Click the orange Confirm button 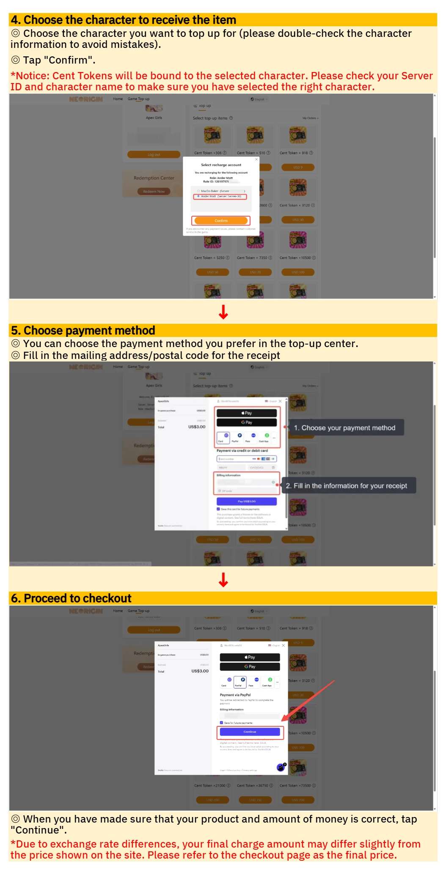(221, 221)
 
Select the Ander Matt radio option (198, 196)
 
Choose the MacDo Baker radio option (198, 191)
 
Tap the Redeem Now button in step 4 (154, 192)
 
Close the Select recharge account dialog (256, 159)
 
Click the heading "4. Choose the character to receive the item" (124, 20)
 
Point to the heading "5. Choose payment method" (83, 331)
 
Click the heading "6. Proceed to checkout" (72, 598)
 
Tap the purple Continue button (250, 732)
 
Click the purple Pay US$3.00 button (247, 501)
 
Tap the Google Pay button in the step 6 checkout (250, 667)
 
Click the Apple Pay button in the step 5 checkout (247, 413)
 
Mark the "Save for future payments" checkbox (221, 723)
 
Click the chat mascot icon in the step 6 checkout (281, 767)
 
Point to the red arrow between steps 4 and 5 (223, 312)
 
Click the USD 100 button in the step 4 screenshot (298, 272)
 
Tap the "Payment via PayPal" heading (235, 695)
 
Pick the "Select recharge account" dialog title (221, 165)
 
